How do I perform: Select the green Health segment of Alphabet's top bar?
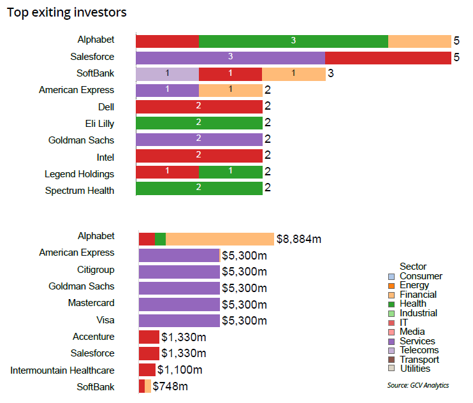(293, 41)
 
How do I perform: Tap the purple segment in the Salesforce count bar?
(230, 57)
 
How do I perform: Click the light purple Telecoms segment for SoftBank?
(167, 73)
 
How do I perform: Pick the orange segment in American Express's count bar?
(230, 90)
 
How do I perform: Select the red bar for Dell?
(199, 106)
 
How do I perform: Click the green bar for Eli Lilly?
(199, 123)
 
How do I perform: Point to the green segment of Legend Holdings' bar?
(230, 173)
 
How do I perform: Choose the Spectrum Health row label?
(80, 190)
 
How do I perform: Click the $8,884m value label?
(298, 239)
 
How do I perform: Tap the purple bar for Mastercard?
(179, 304)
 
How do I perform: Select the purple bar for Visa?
(179, 321)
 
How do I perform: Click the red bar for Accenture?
(149, 337)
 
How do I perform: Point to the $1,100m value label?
(180, 370)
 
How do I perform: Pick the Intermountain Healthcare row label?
(62, 370)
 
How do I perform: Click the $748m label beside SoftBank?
(170, 386)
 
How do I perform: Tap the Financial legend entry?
(418, 295)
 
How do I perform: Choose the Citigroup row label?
(96, 270)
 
